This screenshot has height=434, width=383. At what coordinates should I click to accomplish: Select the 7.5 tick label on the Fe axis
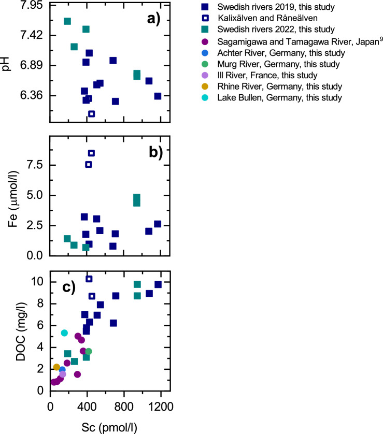click(x=34, y=164)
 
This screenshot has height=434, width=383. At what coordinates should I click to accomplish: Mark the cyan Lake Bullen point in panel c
click(x=64, y=333)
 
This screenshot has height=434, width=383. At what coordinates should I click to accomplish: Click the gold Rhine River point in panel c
click(x=56, y=367)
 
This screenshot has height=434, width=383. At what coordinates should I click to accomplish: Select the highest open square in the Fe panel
click(x=91, y=153)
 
